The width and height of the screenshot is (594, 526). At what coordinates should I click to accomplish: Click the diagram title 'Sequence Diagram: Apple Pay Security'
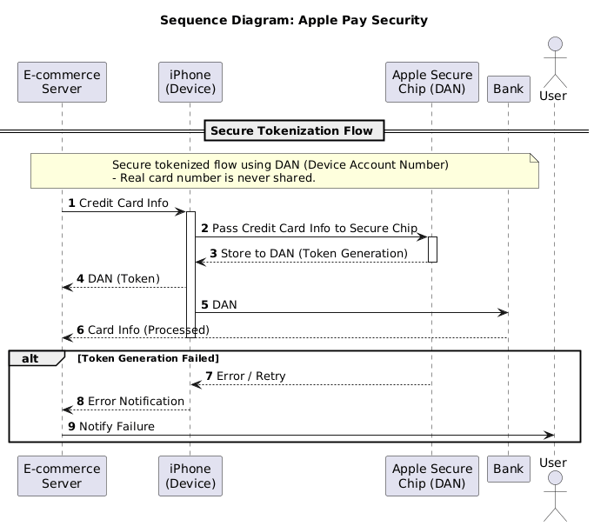[x=294, y=20]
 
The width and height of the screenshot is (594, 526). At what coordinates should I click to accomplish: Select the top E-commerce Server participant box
[x=62, y=83]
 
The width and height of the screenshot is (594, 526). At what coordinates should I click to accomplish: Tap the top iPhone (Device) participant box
[x=190, y=83]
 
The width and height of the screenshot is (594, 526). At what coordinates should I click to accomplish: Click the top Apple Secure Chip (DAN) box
[x=431, y=83]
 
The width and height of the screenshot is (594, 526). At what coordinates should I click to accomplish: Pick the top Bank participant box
[x=508, y=88]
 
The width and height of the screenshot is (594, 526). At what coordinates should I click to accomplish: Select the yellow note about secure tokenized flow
[x=284, y=170]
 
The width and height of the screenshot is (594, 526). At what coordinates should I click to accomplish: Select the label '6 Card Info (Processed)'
[x=138, y=330]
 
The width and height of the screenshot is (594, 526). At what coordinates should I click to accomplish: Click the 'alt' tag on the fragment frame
[x=31, y=358]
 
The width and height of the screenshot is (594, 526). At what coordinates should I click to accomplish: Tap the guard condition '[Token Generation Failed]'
[x=148, y=358]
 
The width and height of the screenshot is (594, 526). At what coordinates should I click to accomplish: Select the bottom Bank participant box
[x=508, y=470]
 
